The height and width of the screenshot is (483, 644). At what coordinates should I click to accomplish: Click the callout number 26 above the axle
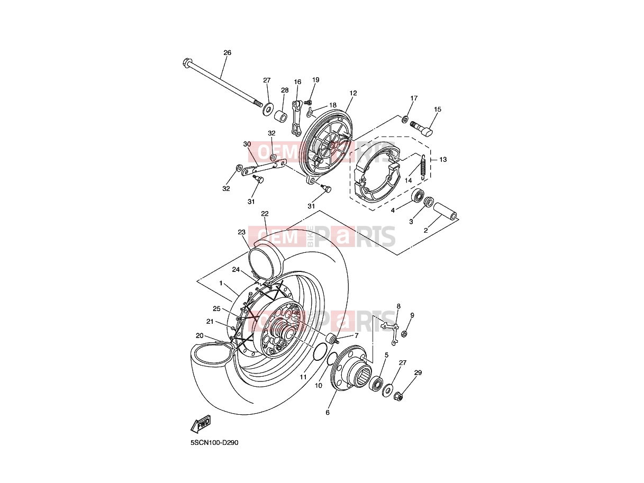pos(227,52)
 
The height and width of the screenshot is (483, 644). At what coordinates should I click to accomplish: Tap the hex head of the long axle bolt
pos(186,62)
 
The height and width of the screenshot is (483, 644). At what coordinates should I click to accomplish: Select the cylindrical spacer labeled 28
pos(281,115)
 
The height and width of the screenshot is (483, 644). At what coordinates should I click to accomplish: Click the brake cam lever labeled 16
pos(297,117)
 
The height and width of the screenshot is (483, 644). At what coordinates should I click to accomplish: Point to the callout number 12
pos(353,93)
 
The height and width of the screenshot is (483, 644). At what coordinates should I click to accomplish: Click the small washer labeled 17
pos(405,119)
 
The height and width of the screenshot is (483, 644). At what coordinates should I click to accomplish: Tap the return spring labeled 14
pos(423,167)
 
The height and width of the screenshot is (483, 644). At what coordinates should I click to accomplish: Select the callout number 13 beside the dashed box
pos(443,159)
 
